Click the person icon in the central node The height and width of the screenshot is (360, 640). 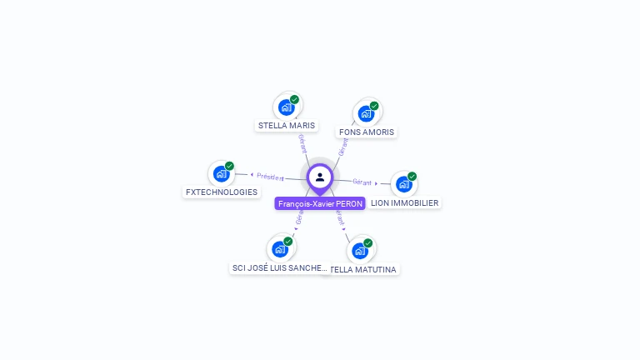point(320,177)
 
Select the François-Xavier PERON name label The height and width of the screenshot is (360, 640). point(320,203)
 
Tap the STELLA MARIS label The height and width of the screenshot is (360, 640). point(287,126)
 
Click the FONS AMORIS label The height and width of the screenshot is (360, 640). point(367,132)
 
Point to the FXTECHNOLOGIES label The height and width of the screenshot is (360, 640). point(222,192)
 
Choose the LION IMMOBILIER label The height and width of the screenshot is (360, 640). point(404,202)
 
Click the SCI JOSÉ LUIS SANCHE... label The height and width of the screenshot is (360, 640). point(280,267)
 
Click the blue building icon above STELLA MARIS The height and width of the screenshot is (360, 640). point(286,107)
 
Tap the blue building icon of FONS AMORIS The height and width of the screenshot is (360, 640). point(366,113)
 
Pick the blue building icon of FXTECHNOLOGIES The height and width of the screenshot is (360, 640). point(221,173)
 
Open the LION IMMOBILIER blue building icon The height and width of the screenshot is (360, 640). point(404,183)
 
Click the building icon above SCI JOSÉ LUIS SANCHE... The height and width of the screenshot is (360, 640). point(280,248)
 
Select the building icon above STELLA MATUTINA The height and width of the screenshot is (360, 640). point(360,250)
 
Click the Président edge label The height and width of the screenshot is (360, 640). point(270,177)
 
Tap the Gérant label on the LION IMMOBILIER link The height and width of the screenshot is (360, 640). point(362,182)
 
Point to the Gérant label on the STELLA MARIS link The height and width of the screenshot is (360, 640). point(302,142)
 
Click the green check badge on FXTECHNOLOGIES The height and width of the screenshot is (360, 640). point(229,166)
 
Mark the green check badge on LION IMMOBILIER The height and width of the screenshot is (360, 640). point(412,177)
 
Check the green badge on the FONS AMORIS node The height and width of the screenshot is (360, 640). point(374,106)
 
